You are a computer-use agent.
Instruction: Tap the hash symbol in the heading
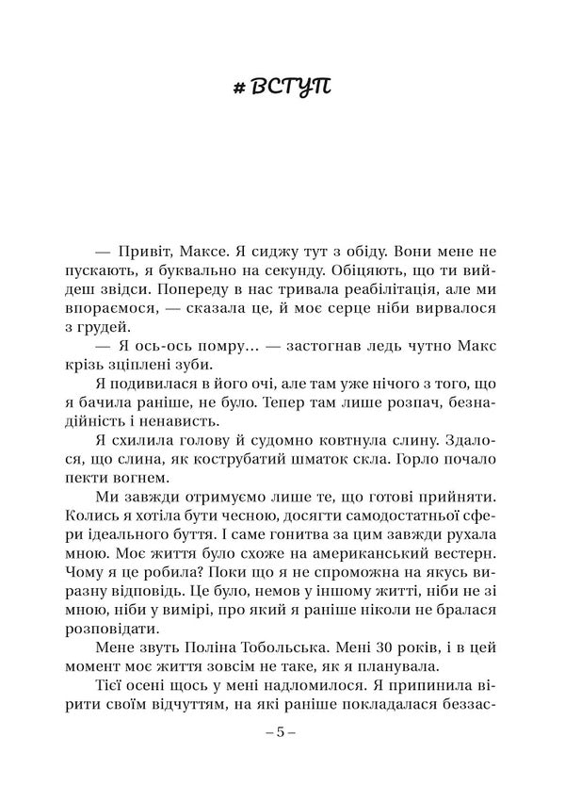[240, 90]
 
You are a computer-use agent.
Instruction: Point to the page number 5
[282, 730]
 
